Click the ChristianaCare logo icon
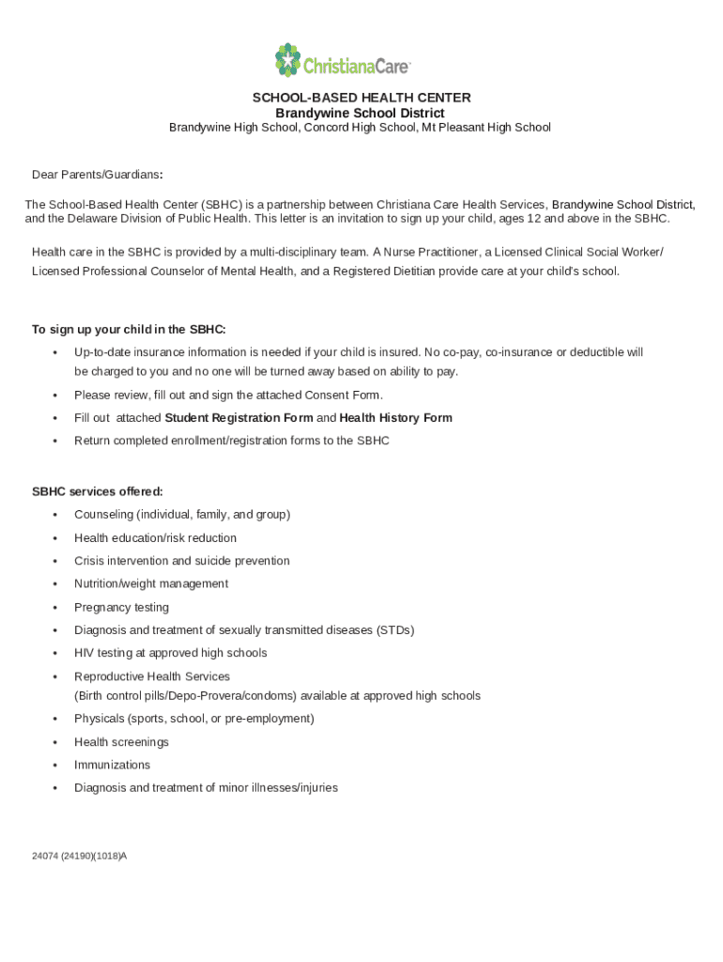pos(287,60)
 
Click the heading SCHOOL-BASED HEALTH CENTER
pos(361,98)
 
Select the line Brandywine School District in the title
pos(360,113)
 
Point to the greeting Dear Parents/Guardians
pos(97,175)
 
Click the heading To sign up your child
pos(129,330)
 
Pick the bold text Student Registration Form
pos(238,418)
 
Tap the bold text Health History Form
pos(395,418)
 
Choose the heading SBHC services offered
pos(98,491)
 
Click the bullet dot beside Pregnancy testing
pos(56,608)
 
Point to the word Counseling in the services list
pos(103,515)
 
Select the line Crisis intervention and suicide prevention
pos(182,561)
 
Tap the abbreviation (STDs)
pos(394,630)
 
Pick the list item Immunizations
pos(112,765)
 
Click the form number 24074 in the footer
pos(44,857)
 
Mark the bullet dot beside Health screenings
pos(56,742)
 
